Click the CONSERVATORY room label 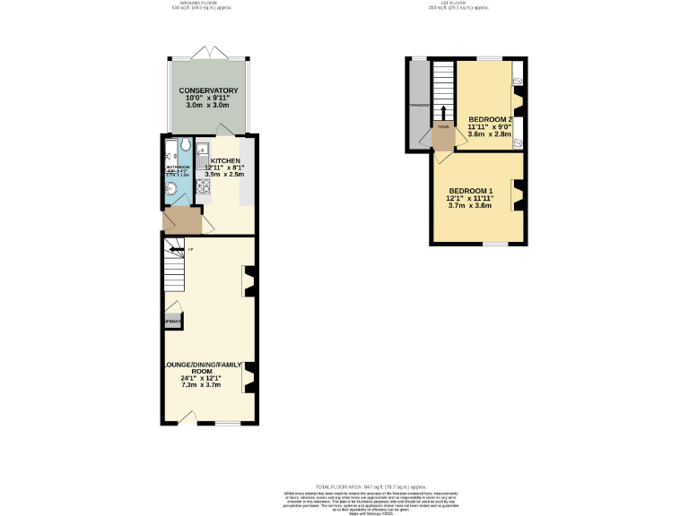click(207, 91)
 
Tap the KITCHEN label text click(225, 160)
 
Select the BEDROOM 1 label click(471, 191)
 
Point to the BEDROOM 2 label click(491, 120)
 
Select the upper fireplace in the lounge click(250, 281)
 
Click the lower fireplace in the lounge click(250, 376)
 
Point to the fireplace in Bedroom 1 click(517, 195)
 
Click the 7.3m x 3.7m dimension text click(202, 384)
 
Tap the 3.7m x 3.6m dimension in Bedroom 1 click(471, 206)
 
